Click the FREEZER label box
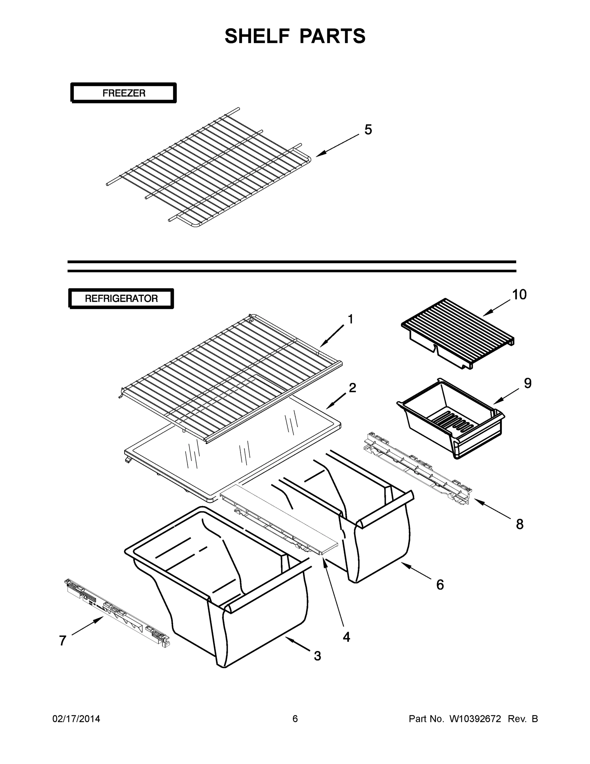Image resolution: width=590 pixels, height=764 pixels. pos(124,93)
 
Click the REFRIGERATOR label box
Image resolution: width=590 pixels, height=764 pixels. pos(121,298)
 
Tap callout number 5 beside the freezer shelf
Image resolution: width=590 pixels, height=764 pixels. pos(368,130)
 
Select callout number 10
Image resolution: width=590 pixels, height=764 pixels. pos(519,294)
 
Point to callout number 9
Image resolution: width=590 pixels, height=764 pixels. pos(527,383)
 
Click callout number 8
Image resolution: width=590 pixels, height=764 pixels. pos(519,524)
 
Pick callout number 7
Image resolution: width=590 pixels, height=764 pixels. pos(63,640)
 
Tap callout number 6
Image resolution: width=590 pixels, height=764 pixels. pos(440,584)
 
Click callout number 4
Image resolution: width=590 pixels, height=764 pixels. pos(346,637)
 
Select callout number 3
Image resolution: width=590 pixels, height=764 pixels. pos(317,655)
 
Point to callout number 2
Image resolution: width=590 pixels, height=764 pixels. pos(352,388)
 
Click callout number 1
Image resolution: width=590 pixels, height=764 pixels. pos(350,319)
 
